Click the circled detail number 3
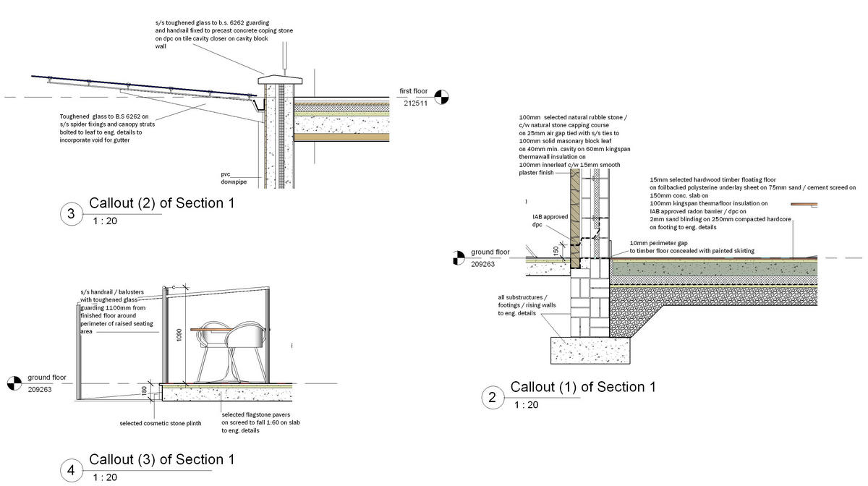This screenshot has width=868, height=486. pos(70,214)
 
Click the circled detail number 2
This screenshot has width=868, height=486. pos(492,397)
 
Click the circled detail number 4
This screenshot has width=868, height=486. pos(70,471)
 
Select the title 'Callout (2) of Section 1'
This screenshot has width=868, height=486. pos(161,203)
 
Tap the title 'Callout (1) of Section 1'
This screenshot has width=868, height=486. pos(583,387)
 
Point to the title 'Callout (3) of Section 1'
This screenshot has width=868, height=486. pos(161,459)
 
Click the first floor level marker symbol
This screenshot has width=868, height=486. pos(441,95)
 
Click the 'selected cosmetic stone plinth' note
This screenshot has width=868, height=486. pos(160,423)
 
